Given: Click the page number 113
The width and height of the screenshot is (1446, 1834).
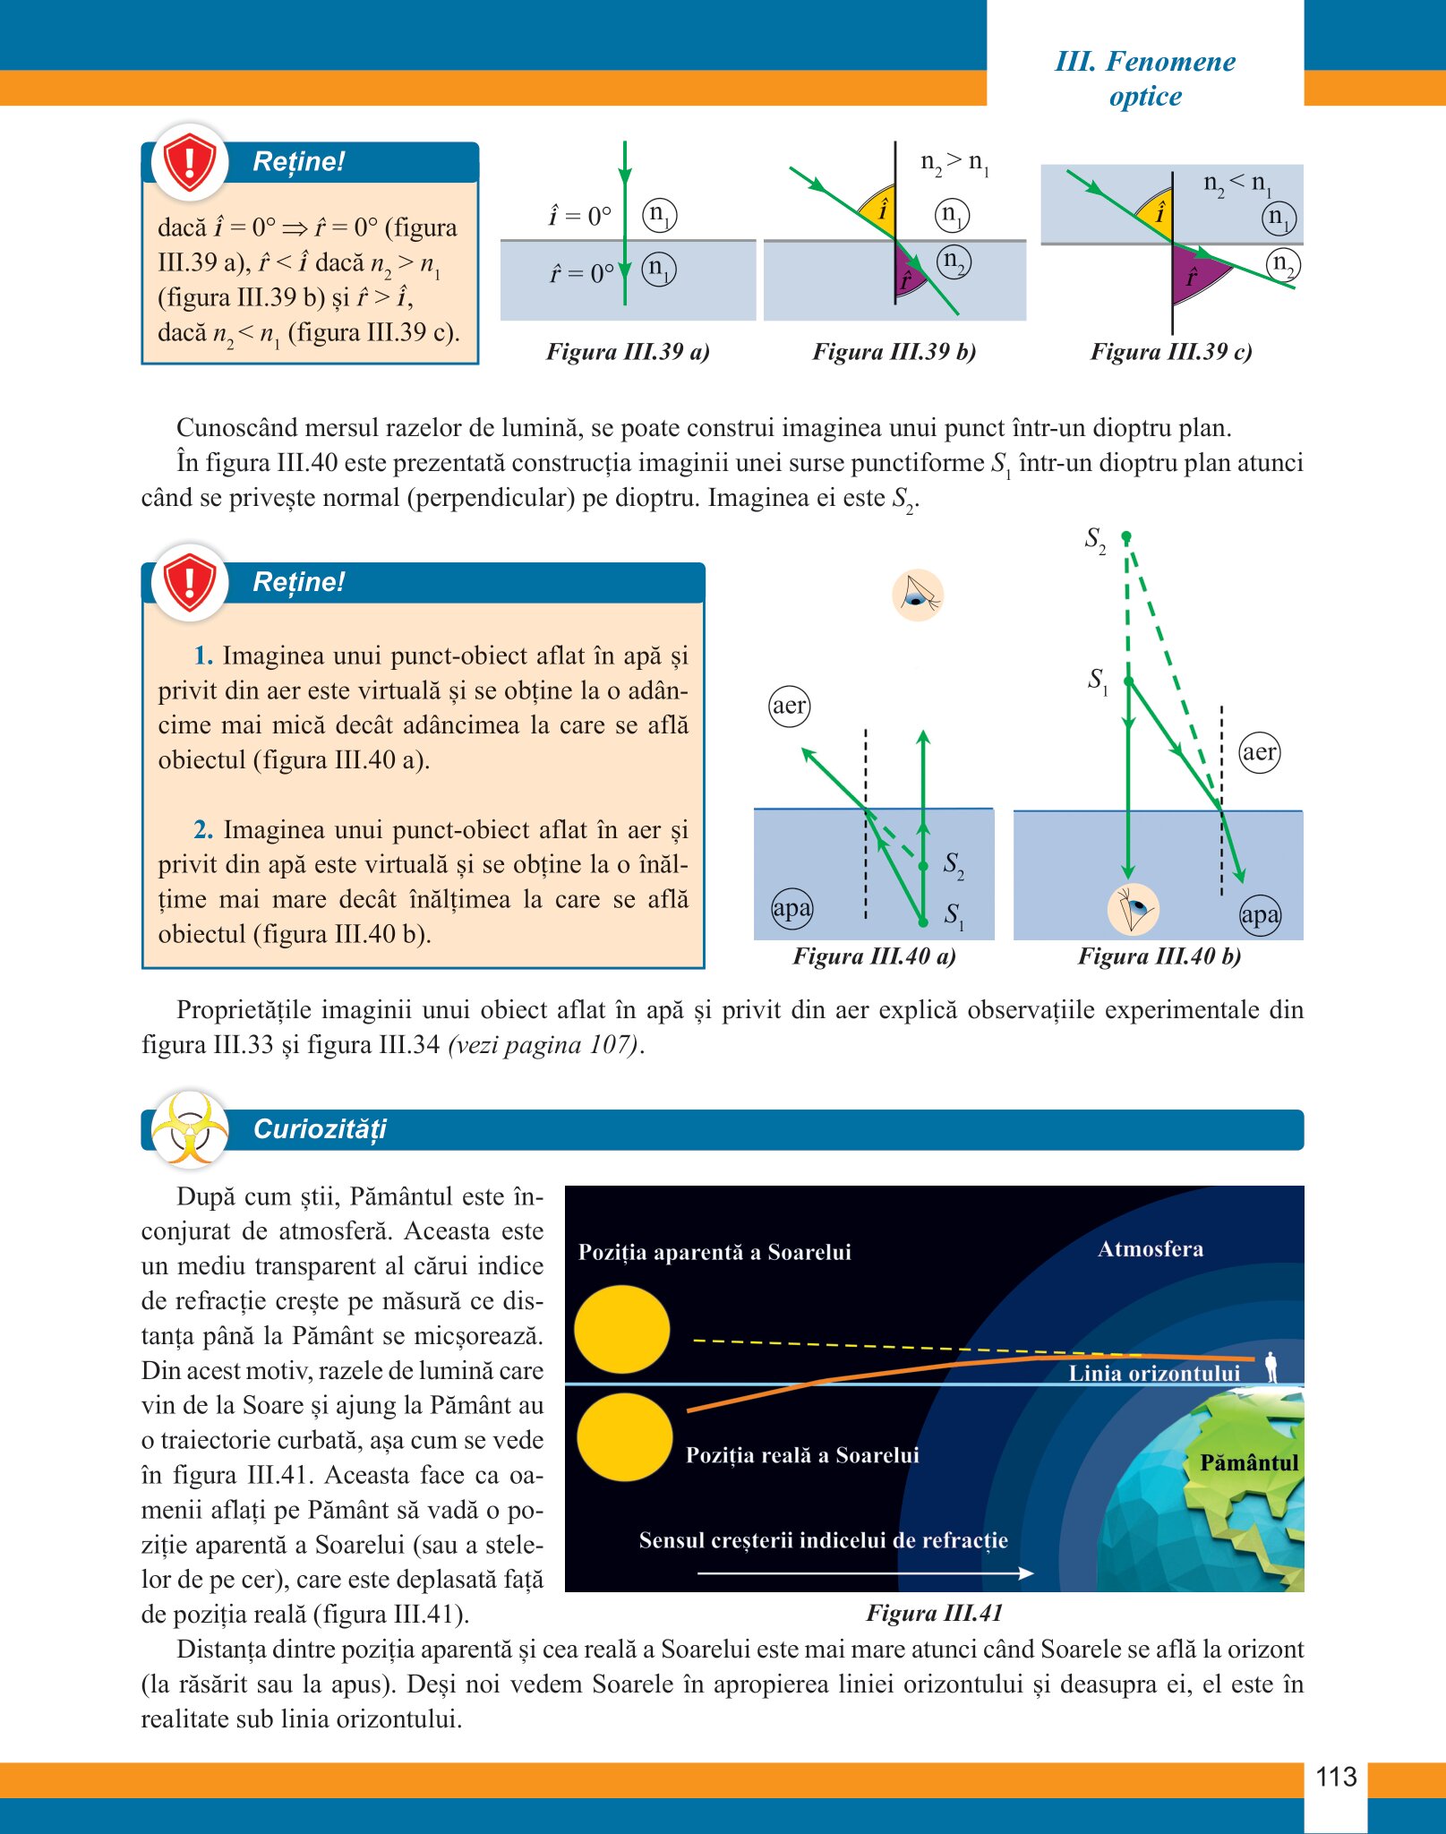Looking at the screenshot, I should point(1336,1777).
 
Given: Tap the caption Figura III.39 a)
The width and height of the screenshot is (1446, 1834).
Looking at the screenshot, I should point(628,351).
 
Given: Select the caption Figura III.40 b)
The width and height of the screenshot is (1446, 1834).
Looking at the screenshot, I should point(1159,956).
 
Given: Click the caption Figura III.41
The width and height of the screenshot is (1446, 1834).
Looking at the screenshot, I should point(934,1613).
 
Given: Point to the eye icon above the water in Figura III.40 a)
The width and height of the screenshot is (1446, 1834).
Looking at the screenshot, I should point(918,596).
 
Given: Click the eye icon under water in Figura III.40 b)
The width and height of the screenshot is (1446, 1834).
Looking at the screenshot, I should point(1133,909).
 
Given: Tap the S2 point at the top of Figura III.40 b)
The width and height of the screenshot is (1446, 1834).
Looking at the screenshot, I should point(1126,536).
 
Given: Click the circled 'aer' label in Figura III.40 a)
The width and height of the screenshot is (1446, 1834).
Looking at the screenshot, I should point(789,706).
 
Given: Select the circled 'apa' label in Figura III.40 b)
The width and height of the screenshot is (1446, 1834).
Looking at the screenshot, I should point(1260,915).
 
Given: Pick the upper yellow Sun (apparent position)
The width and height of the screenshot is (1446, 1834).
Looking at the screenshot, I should point(621,1329).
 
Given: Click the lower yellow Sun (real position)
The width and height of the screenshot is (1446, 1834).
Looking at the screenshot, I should point(624,1436).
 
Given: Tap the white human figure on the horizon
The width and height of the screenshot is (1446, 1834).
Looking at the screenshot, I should point(1271,1367).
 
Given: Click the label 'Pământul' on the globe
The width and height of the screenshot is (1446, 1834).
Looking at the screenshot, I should point(1248,1462).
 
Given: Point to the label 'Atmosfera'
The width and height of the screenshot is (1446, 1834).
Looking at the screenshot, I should point(1151,1249).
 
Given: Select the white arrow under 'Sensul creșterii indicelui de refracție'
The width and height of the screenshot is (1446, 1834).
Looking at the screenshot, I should point(865,1573).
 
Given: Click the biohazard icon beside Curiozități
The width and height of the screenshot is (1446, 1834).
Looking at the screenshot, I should point(189,1128).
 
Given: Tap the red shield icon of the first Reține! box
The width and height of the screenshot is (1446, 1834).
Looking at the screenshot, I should point(189,161).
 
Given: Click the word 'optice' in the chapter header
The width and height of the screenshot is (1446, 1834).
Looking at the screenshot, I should point(1145,96).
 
